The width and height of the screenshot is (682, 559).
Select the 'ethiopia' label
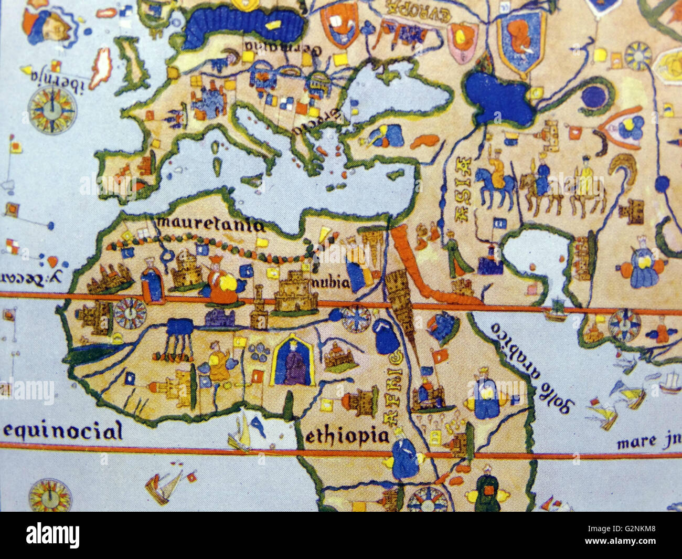(x=347, y=436)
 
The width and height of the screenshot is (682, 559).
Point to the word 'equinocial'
(x=63, y=431)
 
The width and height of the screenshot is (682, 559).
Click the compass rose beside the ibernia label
(x=52, y=109)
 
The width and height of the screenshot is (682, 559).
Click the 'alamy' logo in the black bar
(x=52, y=535)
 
